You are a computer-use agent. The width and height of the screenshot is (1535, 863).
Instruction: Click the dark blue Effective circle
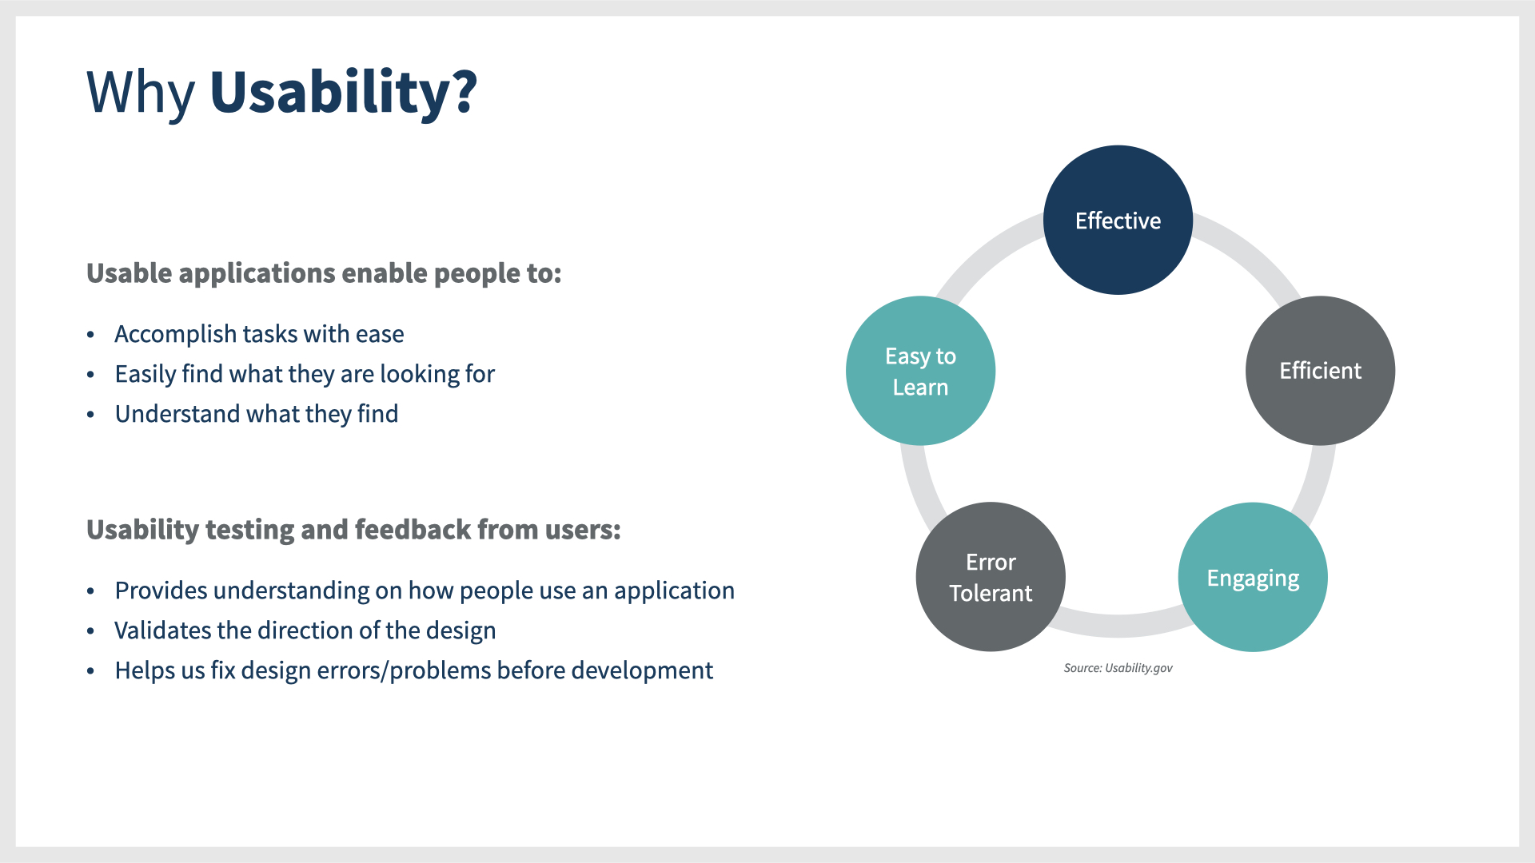1118,220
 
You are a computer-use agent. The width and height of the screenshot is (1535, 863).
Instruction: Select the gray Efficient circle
1320,371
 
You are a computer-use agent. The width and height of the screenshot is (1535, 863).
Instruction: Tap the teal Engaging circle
1253,577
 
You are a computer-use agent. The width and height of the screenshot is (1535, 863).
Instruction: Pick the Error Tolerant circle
991,577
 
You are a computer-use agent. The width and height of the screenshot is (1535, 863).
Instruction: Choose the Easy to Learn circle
920,371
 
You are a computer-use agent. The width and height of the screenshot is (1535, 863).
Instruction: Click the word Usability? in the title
343,92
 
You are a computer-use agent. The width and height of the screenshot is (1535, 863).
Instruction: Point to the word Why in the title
141,92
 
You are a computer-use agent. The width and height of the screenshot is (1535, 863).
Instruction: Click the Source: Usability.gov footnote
1118,668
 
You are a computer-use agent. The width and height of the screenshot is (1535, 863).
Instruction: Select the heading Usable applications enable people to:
324,273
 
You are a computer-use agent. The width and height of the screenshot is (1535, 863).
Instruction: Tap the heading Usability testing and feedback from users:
353,530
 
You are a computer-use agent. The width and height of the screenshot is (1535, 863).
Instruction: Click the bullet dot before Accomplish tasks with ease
91,335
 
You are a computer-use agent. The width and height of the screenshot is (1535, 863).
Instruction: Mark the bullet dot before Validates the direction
91,631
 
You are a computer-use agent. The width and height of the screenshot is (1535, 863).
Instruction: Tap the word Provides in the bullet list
161,591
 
